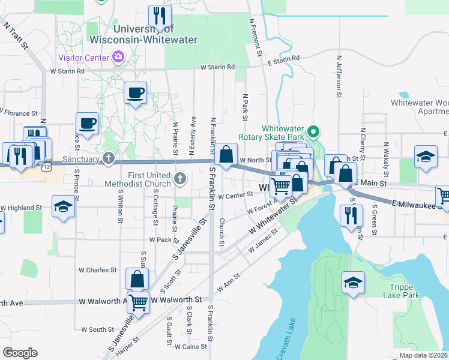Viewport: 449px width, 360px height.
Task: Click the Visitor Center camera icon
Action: pos(118,58)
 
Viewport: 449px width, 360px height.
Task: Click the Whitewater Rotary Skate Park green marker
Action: pos(312,131)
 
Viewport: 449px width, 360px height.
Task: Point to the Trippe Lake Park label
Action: pos(405,290)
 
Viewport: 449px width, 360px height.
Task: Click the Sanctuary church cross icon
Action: pos(108,159)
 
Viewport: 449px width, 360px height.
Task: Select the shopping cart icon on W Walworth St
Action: pos(139,303)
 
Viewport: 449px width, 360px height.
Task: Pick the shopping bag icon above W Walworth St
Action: pos(137,279)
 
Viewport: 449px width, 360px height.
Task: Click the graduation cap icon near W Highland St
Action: pos(63,207)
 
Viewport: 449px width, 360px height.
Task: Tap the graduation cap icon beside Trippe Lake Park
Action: pos(353,283)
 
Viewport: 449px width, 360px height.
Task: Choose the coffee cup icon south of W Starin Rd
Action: pos(135,93)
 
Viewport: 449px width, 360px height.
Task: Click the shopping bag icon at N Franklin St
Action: pos(226,155)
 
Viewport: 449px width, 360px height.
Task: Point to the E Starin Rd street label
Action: pos(283,61)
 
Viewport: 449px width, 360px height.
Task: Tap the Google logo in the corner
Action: pos(20,353)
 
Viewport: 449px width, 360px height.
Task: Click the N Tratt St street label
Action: pos(16,36)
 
